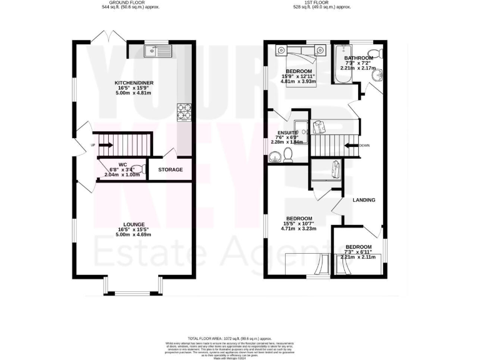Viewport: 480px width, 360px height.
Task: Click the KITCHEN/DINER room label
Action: [134, 82]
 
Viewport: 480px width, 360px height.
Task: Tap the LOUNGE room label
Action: [134, 224]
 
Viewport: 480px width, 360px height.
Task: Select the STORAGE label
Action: [170, 169]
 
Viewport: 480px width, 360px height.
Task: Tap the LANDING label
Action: [364, 201]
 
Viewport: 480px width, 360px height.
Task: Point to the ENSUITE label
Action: [288, 132]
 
